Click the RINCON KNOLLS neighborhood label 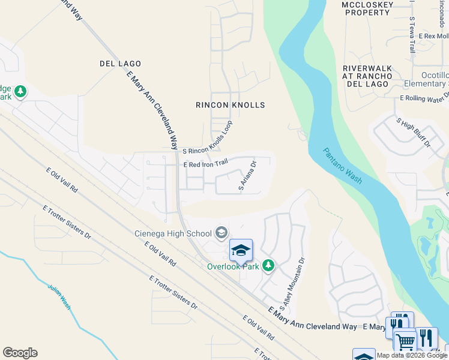coord(230,105)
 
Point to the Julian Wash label coord(59,296)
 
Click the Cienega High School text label coord(172,233)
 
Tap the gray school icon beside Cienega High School coord(221,233)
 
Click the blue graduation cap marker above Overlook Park coord(241,250)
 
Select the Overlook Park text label coord(233,266)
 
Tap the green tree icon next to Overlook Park coord(268,265)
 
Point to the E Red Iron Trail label coord(206,163)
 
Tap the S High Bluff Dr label coord(414,132)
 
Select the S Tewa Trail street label coord(412,35)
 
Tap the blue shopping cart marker coord(405,340)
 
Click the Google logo coord(20,353)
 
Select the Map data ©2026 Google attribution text coord(412,355)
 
